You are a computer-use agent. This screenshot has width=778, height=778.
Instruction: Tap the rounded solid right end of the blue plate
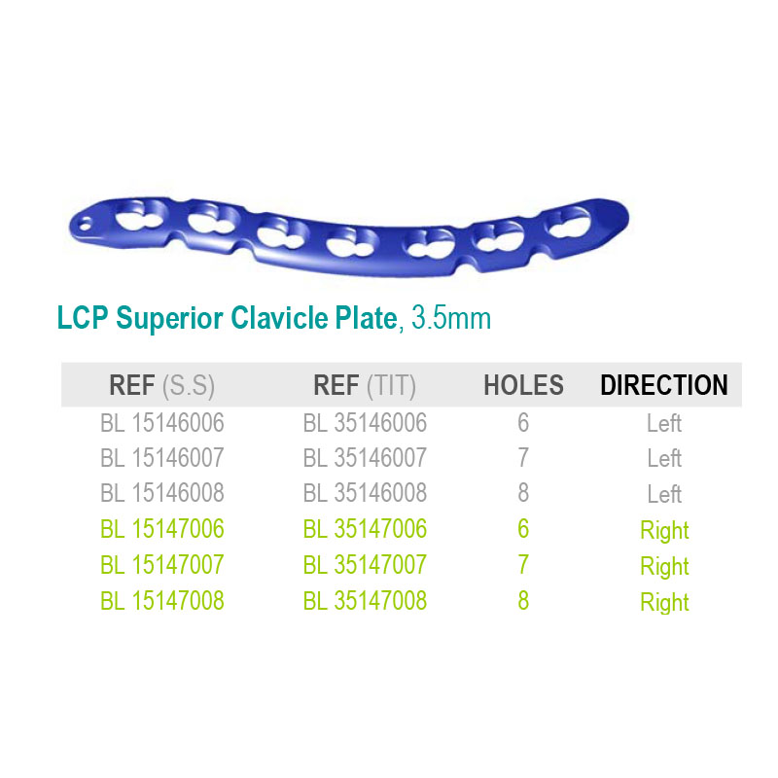612,217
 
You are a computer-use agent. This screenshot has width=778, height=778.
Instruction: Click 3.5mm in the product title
451,318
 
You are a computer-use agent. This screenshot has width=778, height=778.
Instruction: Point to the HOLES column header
523,385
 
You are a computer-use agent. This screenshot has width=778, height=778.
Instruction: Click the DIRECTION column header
664,385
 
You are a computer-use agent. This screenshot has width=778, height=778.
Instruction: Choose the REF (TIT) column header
365,385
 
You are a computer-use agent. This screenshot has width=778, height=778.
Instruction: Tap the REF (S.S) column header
161,385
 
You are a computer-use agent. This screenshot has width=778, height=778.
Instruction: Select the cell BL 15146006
162,423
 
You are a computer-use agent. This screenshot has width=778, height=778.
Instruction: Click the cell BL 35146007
365,458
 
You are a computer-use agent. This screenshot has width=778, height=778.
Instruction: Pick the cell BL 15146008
162,493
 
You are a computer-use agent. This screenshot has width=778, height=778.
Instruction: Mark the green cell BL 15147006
162,529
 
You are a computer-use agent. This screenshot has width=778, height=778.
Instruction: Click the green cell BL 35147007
365,565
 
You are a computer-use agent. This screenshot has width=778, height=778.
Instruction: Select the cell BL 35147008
365,601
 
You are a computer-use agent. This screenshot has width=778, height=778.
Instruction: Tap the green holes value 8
523,601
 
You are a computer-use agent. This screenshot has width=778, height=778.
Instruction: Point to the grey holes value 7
523,458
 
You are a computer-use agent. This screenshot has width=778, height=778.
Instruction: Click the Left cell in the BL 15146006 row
664,423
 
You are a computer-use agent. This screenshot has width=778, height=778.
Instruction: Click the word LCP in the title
83,318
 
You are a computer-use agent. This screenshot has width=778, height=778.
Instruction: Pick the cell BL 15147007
162,565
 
